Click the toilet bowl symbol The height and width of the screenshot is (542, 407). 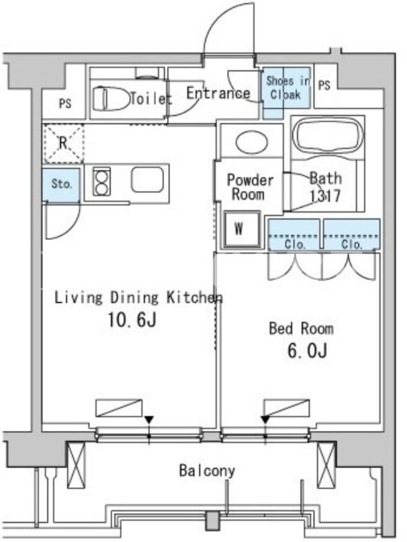click(111, 99)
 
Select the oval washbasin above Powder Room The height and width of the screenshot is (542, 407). click(252, 142)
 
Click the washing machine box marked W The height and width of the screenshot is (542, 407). click(241, 229)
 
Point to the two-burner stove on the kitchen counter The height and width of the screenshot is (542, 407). click(101, 182)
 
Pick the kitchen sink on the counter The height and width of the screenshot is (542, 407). click(147, 180)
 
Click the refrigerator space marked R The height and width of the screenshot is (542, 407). click(62, 143)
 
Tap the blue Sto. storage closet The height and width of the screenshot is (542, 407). click(61, 184)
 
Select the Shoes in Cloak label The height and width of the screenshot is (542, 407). click(287, 88)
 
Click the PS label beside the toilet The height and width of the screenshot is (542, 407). click(65, 104)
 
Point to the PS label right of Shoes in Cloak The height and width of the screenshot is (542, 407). click(324, 85)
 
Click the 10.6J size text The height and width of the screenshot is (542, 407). click(132, 320)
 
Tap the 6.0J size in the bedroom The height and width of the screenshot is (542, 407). click(307, 351)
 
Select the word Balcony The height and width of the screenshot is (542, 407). click(207, 471)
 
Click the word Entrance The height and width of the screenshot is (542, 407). click(218, 93)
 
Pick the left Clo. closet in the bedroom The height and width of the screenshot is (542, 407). click(294, 234)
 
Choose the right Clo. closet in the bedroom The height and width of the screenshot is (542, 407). click(351, 234)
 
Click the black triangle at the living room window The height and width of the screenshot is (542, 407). click(149, 420)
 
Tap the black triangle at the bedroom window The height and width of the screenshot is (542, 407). click(265, 420)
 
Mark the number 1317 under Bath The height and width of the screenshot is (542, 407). click(326, 196)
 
